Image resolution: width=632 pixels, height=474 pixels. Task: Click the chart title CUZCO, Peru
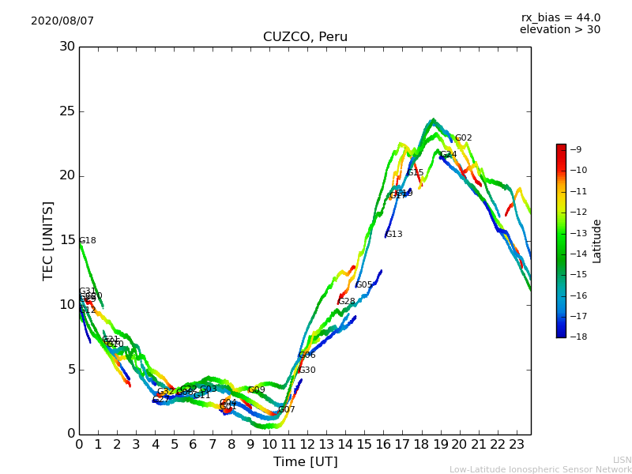click(x=305, y=37)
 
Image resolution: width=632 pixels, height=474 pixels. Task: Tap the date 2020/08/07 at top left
click(x=62, y=21)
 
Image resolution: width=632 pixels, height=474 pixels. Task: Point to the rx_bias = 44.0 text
click(x=560, y=18)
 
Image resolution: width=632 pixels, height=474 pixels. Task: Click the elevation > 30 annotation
click(x=559, y=30)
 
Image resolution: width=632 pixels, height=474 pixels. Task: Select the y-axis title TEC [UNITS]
click(x=48, y=240)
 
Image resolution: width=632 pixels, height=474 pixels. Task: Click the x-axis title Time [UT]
click(x=305, y=462)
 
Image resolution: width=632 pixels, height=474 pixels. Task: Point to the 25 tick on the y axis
click(x=66, y=111)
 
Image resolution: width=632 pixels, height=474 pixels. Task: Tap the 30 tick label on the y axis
click(x=66, y=47)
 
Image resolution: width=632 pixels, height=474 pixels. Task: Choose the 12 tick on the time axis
click(x=307, y=445)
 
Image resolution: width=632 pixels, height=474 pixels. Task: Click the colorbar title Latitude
click(x=597, y=241)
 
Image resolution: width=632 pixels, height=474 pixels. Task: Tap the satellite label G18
click(x=88, y=241)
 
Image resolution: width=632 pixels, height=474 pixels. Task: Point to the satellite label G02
click(x=463, y=138)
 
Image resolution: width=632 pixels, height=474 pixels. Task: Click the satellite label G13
click(x=394, y=235)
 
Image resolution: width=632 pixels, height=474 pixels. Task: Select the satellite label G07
click(x=286, y=410)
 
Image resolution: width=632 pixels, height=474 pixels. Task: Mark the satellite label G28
click(x=347, y=302)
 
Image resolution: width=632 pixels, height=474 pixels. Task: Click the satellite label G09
click(x=257, y=390)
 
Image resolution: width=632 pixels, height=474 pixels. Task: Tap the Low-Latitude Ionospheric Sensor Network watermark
click(x=540, y=470)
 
